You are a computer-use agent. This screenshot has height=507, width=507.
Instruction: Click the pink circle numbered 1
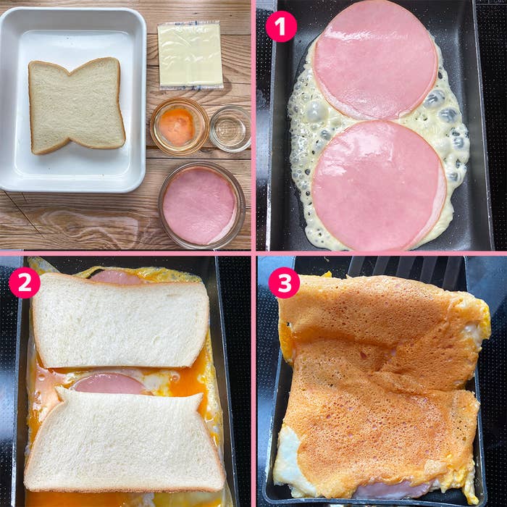click(281, 26)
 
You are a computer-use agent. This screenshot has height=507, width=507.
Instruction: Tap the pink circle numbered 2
click(24, 282)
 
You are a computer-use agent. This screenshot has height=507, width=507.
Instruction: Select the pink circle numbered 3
click(284, 282)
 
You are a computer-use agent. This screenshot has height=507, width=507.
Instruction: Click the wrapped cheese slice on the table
click(190, 55)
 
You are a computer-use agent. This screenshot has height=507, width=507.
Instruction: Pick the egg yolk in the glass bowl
click(177, 126)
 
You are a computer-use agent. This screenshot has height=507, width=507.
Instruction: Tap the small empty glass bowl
click(230, 128)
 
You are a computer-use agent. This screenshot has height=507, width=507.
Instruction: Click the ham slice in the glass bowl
click(200, 206)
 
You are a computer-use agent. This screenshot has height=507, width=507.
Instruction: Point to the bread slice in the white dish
click(76, 104)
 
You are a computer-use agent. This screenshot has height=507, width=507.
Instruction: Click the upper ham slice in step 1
click(375, 59)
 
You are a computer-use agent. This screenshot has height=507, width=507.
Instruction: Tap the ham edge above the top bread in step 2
click(116, 277)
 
